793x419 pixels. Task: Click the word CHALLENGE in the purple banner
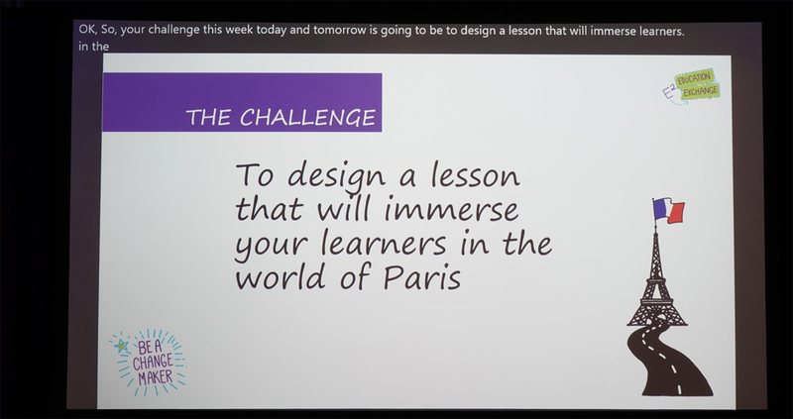tap(310, 118)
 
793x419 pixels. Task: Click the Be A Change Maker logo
tap(149, 363)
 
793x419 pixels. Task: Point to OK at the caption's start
tap(86, 31)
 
